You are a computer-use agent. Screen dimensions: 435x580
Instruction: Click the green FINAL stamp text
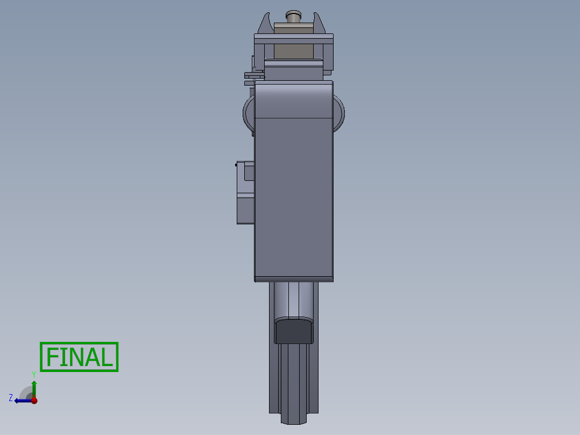pos(79,357)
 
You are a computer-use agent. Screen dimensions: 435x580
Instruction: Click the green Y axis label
pos(33,374)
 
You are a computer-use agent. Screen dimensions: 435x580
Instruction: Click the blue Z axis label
pos(11,397)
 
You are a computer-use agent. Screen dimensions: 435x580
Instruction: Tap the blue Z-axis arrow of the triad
pos(22,400)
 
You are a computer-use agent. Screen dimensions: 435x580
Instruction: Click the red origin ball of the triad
pos(34,400)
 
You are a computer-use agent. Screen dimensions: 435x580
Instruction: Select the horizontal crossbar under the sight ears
pos(293,38)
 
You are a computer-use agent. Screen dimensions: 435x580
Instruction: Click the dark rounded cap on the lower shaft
pos(294,331)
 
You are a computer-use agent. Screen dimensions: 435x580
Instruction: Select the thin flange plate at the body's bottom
pos(294,279)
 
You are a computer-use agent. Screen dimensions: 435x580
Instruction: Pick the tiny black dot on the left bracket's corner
pos(237,165)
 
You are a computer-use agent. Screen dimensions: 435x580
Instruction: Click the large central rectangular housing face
pos(294,194)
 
